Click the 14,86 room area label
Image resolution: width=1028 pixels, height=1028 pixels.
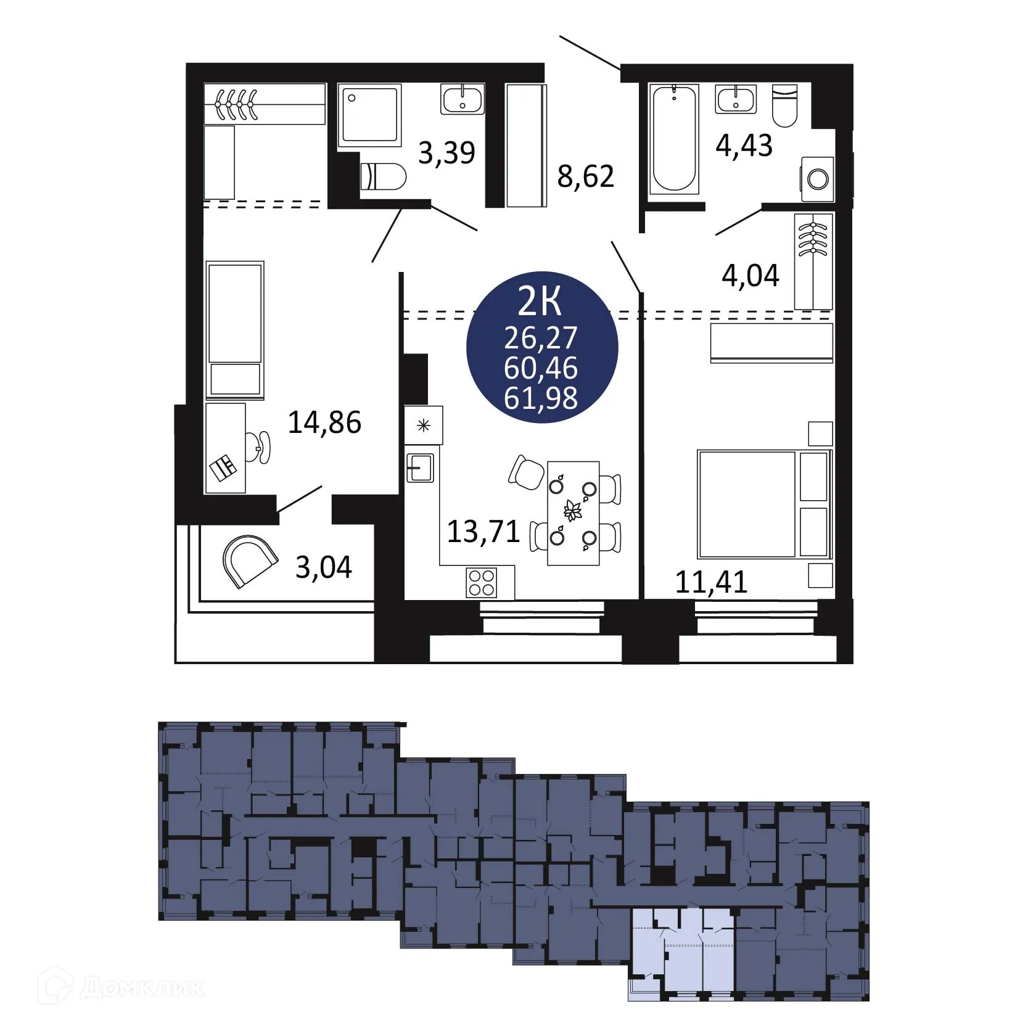(x=324, y=422)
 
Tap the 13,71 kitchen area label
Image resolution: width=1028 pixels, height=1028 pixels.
(x=483, y=531)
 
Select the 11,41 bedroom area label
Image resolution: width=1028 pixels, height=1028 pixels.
(x=711, y=582)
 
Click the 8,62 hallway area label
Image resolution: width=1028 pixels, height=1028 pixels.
(x=586, y=177)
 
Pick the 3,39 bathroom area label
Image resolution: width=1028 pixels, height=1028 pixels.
(x=446, y=152)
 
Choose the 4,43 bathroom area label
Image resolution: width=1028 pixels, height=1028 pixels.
(x=744, y=146)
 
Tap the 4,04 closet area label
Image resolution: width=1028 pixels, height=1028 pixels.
(x=750, y=275)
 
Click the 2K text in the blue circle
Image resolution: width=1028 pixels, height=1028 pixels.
(x=540, y=302)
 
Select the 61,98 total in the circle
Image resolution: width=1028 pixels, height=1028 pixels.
(x=541, y=398)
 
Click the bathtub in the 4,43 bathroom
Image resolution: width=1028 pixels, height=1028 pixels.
(x=674, y=138)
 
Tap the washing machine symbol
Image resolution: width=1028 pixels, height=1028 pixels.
(x=818, y=179)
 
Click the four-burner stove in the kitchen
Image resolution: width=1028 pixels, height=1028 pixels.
(x=482, y=582)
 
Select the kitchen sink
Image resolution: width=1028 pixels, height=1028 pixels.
(x=420, y=468)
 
